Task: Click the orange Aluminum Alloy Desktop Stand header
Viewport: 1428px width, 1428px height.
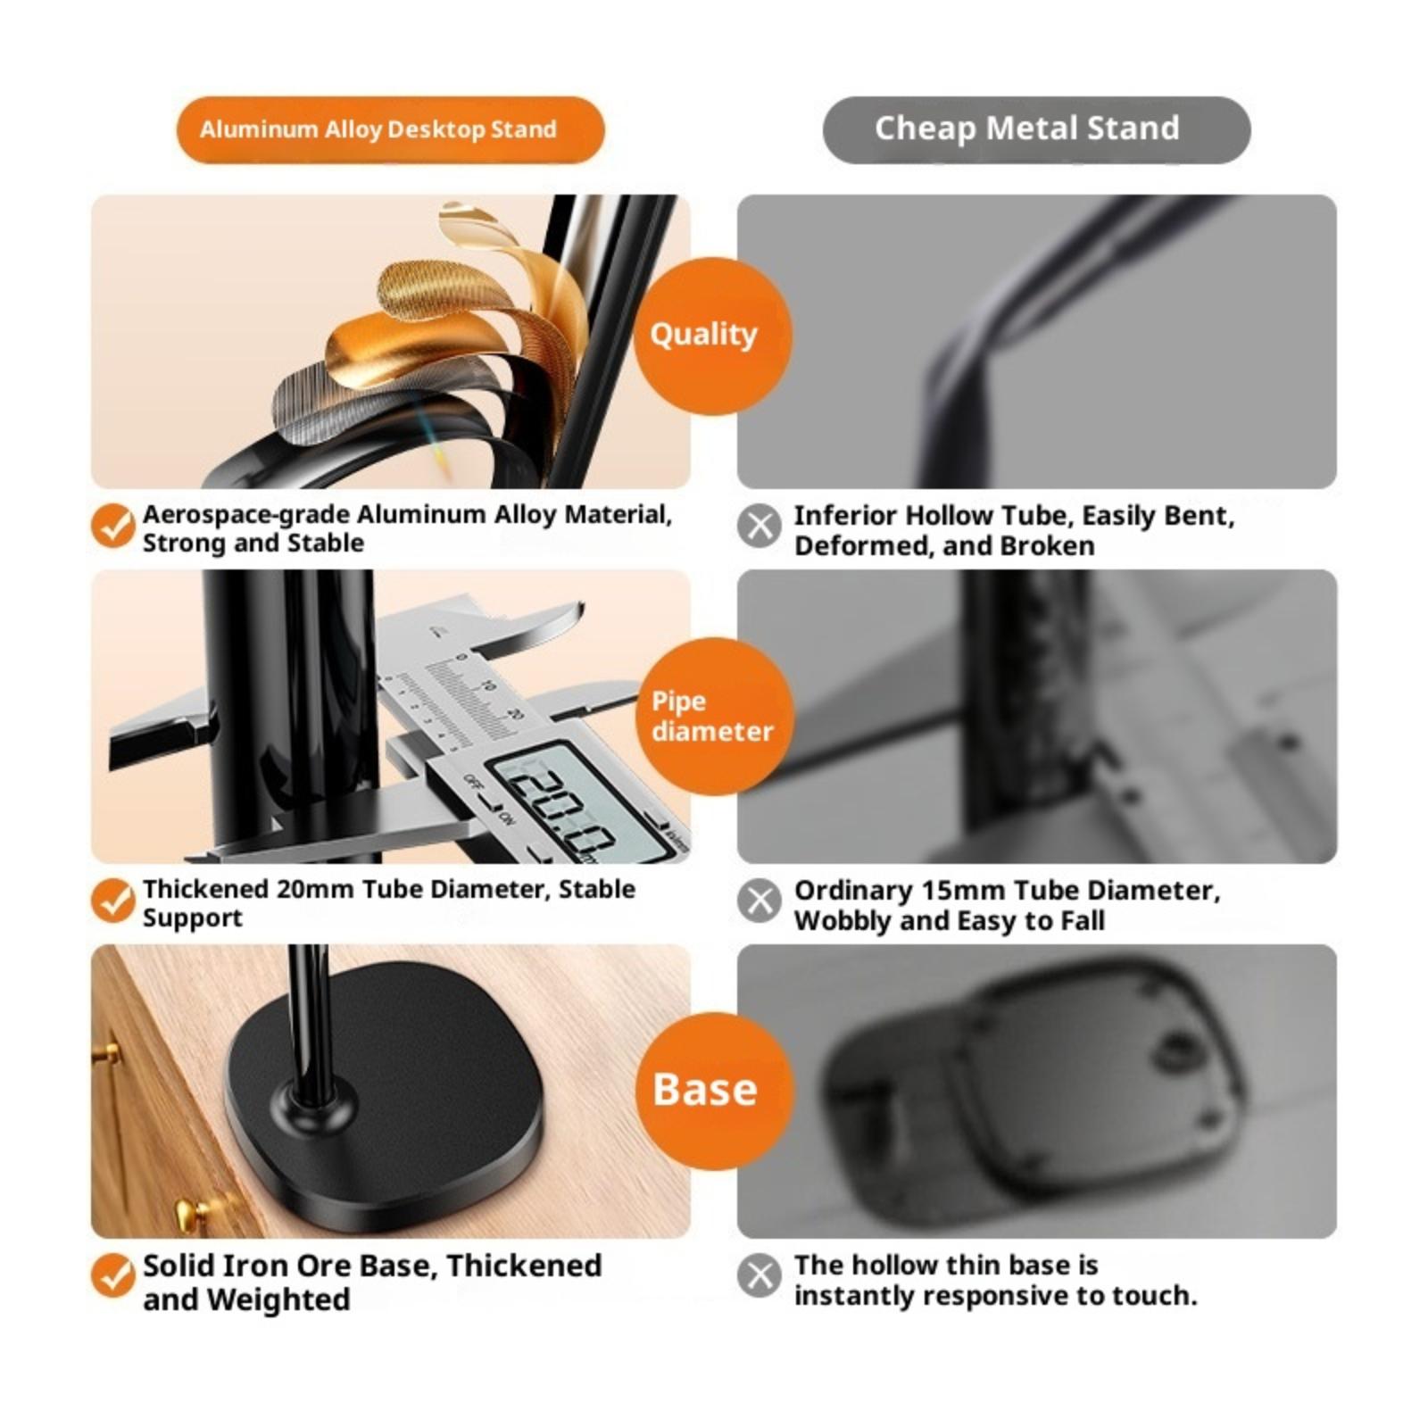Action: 390,129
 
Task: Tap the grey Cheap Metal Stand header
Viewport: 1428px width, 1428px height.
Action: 1036,129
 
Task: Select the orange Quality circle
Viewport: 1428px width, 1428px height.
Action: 712,336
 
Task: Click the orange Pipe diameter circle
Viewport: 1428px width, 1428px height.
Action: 714,716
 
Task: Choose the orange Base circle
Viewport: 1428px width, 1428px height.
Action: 714,1091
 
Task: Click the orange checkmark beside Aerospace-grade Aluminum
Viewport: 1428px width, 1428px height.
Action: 113,526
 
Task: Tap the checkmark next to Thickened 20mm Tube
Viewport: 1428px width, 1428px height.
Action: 113,901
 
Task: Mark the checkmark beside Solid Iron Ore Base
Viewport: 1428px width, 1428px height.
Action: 113,1275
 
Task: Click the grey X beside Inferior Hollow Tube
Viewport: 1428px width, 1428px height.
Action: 760,526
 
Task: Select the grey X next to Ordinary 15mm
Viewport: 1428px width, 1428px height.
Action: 760,901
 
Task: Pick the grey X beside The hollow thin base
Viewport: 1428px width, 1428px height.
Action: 760,1275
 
